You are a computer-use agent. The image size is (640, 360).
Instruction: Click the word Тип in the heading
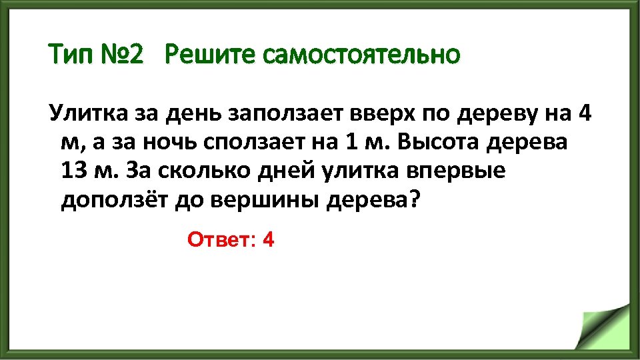(69, 54)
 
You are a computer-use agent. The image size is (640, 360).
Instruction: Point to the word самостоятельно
(361, 54)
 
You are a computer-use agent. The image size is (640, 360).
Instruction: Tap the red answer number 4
(269, 239)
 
